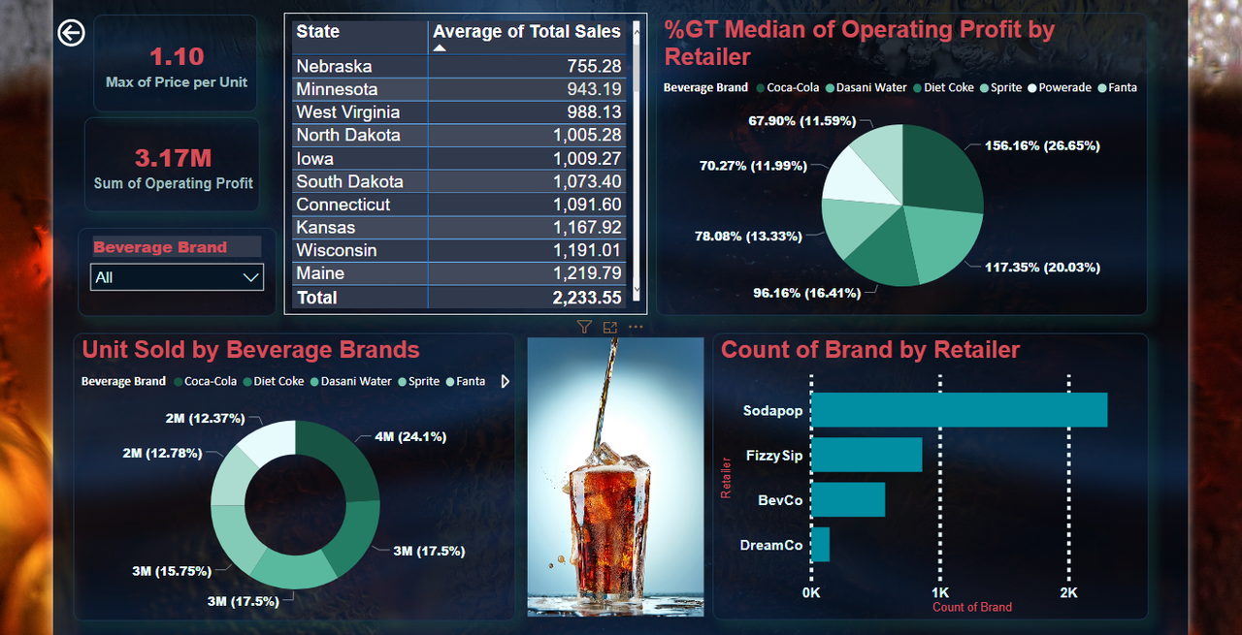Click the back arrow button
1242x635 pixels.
click(72, 33)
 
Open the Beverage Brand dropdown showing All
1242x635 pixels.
click(177, 277)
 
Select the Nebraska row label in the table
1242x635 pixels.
click(334, 66)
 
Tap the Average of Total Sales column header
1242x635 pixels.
click(527, 32)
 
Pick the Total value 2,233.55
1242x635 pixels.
click(586, 298)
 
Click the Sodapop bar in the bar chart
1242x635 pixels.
click(959, 410)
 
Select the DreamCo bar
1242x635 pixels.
click(821, 545)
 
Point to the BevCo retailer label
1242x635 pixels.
click(780, 500)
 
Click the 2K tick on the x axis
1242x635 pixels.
click(1067, 591)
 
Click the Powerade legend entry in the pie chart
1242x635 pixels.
click(1064, 87)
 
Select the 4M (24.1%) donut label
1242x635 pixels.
click(410, 436)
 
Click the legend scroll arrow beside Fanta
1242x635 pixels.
click(505, 382)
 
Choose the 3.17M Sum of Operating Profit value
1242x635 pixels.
click(173, 158)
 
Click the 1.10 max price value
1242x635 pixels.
click(177, 56)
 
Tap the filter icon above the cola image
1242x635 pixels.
click(583, 328)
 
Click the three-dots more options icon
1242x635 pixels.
click(636, 328)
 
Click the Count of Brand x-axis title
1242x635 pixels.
click(971, 607)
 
